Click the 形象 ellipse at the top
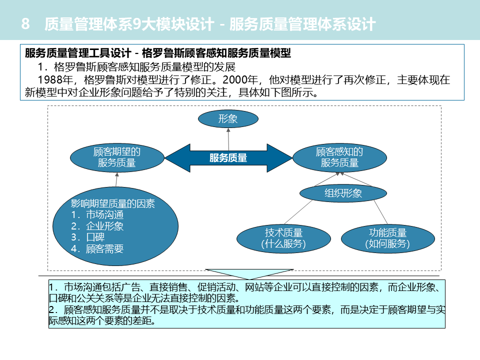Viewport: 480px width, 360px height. (x=228, y=119)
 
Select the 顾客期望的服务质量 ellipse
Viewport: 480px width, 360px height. (x=117, y=157)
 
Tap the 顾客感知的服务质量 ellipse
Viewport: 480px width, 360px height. (x=339, y=157)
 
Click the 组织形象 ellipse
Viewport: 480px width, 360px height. (x=343, y=193)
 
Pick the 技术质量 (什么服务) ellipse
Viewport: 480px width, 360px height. (x=283, y=238)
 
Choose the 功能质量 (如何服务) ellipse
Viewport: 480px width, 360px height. (x=387, y=238)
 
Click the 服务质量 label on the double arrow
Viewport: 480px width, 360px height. (x=228, y=158)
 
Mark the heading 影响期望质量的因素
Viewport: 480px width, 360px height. (x=113, y=203)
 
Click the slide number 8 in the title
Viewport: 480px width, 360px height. (x=26, y=24)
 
